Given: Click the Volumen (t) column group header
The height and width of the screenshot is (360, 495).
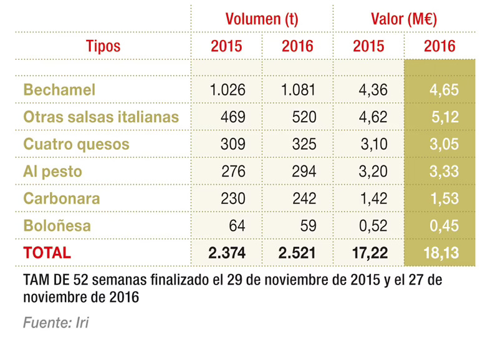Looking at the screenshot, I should click(x=261, y=19).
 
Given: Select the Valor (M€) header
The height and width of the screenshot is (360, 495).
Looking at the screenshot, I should click(x=404, y=19).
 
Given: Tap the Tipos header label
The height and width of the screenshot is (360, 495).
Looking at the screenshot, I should click(x=103, y=46).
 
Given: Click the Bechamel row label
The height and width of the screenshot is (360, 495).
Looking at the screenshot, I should click(x=59, y=90).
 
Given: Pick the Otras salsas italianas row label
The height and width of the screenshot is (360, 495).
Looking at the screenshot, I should click(x=101, y=117).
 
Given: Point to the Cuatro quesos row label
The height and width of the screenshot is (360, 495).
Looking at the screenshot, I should click(x=76, y=144).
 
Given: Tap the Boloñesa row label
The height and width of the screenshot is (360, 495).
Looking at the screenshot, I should click(x=57, y=226).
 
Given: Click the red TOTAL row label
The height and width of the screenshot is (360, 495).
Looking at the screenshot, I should click(x=47, y=253).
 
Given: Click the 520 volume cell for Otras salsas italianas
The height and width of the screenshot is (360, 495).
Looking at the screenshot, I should click(x=303, y=117).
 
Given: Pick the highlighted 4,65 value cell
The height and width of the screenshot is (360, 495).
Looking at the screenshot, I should click(x=443, y=90).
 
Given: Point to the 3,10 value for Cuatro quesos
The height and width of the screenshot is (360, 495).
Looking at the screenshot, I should click(x=374, y=144).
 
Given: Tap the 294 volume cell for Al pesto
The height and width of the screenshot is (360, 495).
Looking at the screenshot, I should click(x=303, y=172).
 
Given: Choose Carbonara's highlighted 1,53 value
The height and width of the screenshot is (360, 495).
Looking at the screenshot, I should click(x=443, y=199).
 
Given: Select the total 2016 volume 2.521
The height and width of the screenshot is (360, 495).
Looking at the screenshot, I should click(x=298, y=253).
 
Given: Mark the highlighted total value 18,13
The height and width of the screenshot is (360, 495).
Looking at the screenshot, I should click(x=440, y=253).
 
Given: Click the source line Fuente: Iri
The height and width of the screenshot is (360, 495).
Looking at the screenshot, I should click(x=57, y=323).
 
